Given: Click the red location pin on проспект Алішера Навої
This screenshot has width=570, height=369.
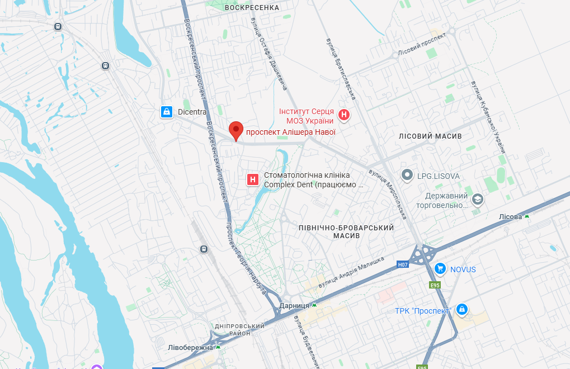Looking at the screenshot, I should (237, 131).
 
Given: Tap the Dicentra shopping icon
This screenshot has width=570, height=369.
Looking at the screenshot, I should (166, 112).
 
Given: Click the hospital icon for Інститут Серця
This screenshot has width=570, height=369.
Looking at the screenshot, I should (345, 116).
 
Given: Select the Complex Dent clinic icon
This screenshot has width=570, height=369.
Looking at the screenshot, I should (253, 179).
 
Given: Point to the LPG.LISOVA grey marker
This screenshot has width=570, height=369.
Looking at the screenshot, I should (408, 176).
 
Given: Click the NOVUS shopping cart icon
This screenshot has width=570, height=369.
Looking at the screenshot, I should (440, 269).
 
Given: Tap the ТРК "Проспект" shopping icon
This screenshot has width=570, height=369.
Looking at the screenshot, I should (461, 309).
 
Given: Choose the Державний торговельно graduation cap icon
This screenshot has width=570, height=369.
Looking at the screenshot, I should (478, 199).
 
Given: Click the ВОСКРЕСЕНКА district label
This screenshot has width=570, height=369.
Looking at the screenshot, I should (251, 8).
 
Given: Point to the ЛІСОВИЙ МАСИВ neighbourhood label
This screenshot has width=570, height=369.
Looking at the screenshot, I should (430, 136).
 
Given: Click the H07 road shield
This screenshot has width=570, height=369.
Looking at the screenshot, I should (403, 264).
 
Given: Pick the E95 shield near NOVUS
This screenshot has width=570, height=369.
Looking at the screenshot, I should (435, 285).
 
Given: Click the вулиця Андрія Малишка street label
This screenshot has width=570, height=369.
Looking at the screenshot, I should (351, 269).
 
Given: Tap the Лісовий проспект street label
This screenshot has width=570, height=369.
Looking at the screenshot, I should (422, 44).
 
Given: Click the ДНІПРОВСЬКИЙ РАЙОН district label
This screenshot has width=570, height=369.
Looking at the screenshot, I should (239, 329).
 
